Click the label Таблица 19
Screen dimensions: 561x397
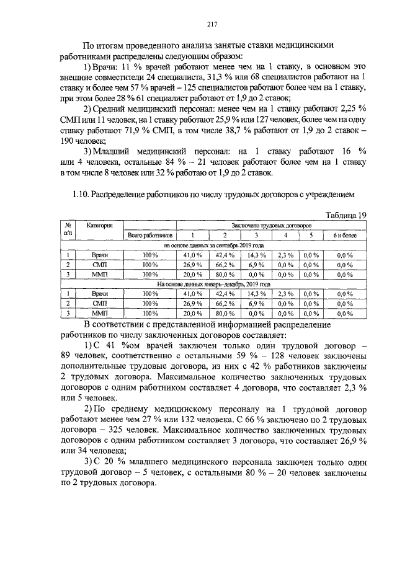[x=346, y=215]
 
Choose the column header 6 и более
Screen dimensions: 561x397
[x=344, y=236]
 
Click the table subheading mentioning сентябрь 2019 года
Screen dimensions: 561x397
[x=214, y=245]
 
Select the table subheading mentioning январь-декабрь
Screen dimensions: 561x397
[x=214, y=284]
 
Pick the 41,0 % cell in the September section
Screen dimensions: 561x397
[x=192, y=255]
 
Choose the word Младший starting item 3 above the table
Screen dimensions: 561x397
[x=114, y=151]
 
